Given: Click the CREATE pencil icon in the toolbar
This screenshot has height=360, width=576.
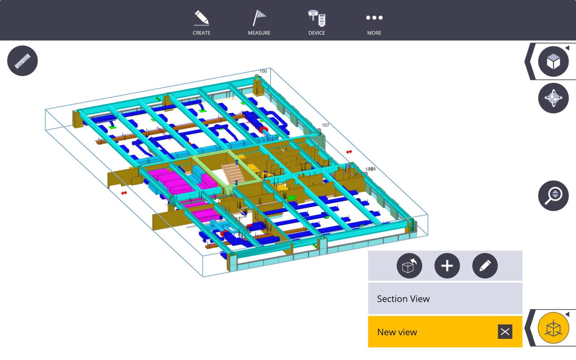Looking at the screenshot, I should coord(202,18).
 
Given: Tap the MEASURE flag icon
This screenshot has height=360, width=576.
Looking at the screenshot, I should coord(259,18).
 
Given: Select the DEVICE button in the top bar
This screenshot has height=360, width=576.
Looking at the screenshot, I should coord(317,18).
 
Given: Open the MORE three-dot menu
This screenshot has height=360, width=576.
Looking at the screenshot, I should coord(374,18).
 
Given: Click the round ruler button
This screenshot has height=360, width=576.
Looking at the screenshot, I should coord(22,61).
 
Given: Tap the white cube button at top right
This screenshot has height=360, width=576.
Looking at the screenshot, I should coord(553,62).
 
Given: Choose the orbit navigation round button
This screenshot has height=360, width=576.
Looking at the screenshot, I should coord(553,98).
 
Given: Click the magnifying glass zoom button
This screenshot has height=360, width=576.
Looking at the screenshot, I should coord(553,196).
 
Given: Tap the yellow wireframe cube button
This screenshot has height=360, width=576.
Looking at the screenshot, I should coord(553,328).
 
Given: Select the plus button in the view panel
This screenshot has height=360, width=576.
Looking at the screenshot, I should coord(447,266).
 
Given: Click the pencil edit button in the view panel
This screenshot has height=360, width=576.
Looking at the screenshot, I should coord(485,266).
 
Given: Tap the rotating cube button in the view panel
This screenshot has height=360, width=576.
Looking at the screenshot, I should coord(409,266).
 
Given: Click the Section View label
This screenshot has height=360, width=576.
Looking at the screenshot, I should coord(403,299).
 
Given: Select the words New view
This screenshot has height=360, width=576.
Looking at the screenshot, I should coord(397,332).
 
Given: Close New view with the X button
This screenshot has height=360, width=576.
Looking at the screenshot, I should coord(505,332).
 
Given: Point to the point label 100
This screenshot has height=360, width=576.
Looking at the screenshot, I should coord(263,71).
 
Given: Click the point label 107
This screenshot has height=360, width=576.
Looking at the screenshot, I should coord(325,125).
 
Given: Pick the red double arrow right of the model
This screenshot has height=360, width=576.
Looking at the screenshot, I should coord(349,152).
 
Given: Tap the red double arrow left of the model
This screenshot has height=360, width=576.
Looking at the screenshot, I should coord(124,193).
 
